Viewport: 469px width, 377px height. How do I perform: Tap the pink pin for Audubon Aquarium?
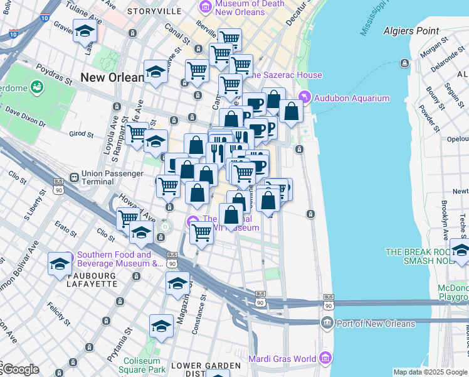(305, 97)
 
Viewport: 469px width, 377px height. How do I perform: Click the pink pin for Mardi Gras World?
(325, 359)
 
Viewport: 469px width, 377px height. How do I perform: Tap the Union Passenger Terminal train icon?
(74, 178)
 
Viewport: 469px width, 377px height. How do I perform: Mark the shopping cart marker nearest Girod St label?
(136, 133)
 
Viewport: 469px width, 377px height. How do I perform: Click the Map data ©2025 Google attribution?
(431, 372)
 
